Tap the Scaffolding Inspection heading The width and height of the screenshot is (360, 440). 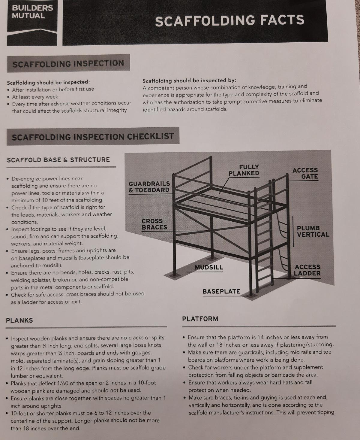point(68,63)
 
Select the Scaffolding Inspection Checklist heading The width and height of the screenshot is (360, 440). point(93,137)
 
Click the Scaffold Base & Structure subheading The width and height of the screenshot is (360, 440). point(58,160)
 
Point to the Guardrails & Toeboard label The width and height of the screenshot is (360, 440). point(149,187)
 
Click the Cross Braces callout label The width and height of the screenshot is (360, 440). point(154,224)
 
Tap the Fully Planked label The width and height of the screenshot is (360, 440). point(244,170)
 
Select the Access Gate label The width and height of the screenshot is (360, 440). point(305,173)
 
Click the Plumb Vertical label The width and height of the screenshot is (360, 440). point(313,231)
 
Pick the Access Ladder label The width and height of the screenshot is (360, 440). point(307,270)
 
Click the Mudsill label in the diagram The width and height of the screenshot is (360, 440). point(209,267)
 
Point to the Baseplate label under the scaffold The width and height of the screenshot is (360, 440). point(221,291)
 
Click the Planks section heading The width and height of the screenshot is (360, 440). point(19,320)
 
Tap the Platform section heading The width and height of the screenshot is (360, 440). point(200,319)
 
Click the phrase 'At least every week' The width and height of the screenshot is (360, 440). point(35,97)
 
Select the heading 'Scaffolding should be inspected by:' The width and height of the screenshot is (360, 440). point(189,80)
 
